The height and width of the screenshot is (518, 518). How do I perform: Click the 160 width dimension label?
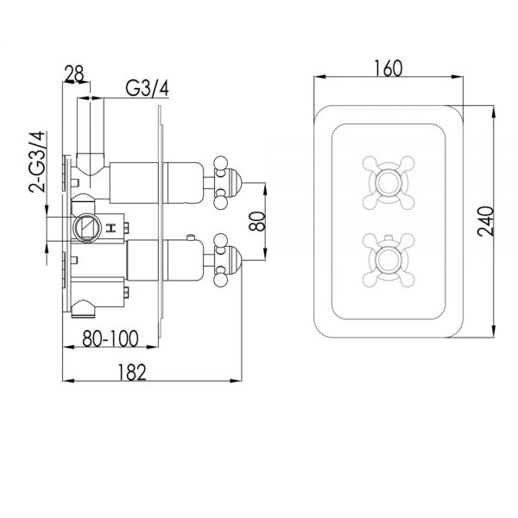pos(388,68)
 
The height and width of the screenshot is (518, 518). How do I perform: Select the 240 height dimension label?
pos(486,221)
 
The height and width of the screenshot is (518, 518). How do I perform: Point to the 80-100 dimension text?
pos(111,338)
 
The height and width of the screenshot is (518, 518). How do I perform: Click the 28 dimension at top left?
pos(74,73)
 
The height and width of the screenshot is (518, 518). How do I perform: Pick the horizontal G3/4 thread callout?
pos(148,88)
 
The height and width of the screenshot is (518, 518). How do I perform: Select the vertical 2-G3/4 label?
pos(36,162)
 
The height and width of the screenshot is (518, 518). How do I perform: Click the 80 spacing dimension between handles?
pos(257,221)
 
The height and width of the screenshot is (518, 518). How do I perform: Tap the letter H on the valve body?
pos(111,228)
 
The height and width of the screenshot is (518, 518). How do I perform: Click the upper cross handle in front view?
pos(388,182)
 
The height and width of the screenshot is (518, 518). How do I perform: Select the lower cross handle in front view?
pos(388,260)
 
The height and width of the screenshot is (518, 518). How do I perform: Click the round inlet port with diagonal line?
pos(87,228)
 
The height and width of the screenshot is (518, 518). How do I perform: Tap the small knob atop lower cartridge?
pos(190,237)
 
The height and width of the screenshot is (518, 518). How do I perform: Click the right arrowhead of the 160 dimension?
pos(457,77)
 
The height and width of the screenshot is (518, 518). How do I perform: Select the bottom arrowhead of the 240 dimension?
pos(494,331)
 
